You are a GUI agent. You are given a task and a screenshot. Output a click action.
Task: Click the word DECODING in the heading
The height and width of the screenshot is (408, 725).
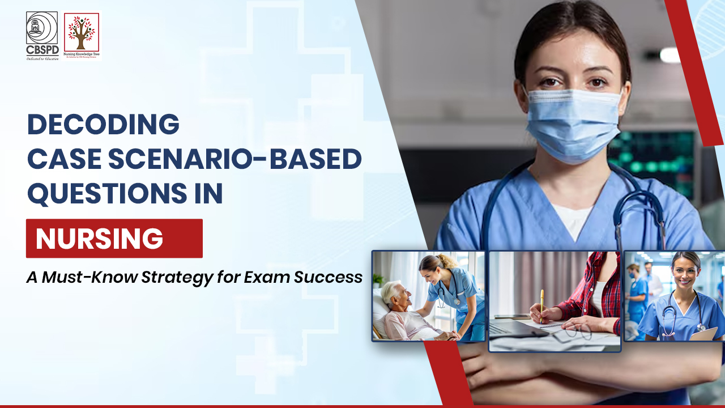pyautogui.click(x=103, y=125)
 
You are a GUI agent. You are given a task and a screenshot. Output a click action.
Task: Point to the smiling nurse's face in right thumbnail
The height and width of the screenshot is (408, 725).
pyautogui.click(x=685, y=273)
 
